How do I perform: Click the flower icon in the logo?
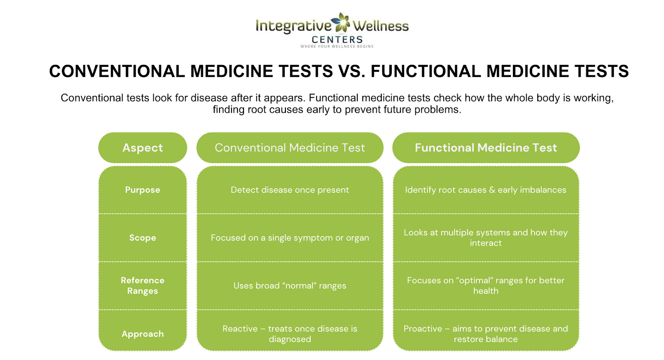click(342, 22)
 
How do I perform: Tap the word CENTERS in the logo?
click(337, 39)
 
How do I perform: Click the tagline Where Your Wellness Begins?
click(337, 46)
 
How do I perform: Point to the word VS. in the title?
click(352, 71)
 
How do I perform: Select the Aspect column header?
click(142, 148)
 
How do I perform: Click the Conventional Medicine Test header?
click(290, 148)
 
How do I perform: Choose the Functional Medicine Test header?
click(486, 148)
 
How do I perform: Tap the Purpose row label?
click(142, 190)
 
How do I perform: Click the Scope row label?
click(142, 238)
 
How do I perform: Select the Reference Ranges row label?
click(142, 285)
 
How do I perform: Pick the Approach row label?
click(142, 334)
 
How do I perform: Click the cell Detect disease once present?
click(290, 190)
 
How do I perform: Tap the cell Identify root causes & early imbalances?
click(486, 190)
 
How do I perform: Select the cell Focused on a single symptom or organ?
click(290, 238)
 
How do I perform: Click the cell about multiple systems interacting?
click(486, 238)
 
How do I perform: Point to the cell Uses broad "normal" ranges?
click(290, 286)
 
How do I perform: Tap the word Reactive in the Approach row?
click(240, 329)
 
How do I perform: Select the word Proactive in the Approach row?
click(422, 329)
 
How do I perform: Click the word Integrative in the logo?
click(293, 26)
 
